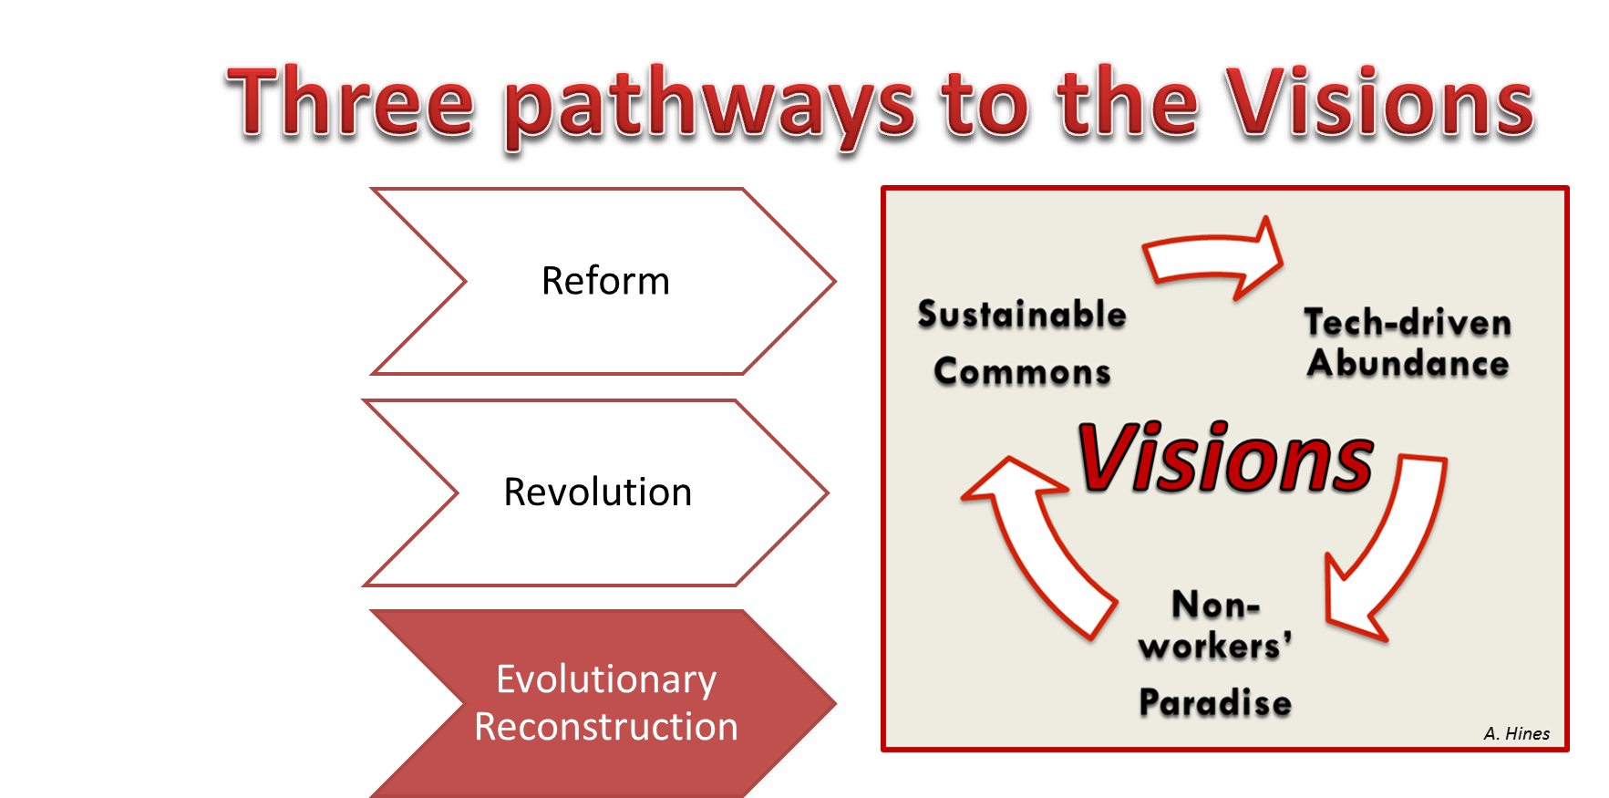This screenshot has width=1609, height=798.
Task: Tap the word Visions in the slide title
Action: (x=1380, y=102)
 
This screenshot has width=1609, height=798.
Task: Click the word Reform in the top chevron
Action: (x=605, y=281)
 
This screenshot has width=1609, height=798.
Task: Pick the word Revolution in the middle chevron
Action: (x=598, y=492)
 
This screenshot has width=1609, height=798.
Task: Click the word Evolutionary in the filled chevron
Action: (x=606, y=680)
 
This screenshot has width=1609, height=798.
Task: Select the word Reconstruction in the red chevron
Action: (x=606, y=727)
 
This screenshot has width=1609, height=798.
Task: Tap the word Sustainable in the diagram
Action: (x=1022, y=315)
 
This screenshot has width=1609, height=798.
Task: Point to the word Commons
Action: (x=1023, y=371)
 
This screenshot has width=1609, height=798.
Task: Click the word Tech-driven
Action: (x=1408, y=322)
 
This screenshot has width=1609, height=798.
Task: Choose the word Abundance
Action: (x=1408, y=363)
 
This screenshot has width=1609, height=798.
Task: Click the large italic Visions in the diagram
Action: (x=1225, y=458)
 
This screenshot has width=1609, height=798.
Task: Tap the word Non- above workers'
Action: (x=1215, y=605)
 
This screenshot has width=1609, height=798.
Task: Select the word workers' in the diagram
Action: (x=1215, y=646)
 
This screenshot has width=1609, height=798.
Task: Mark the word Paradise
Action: (x=1215, y=702)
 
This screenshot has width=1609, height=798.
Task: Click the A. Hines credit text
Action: (x=1516, y=733)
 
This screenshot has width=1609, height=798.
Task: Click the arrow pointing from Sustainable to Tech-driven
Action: (x=1213, y=258)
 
